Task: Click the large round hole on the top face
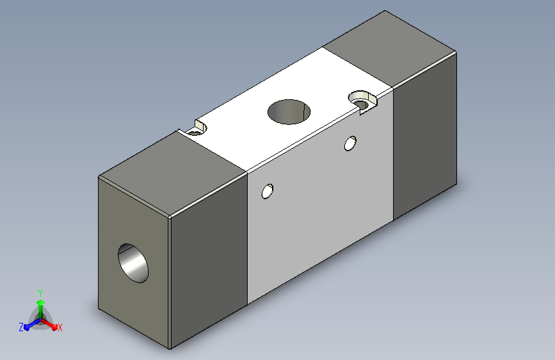[x=289, y=112]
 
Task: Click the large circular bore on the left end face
[x=133, y=263]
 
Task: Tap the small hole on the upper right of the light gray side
[x=350, y=143]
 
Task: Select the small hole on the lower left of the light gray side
[x=267, y=192]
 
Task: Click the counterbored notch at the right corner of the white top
[x=363, y=102]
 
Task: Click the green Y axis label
[x=40, y=293]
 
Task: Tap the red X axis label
[x=60, y=328]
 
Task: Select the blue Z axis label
[x=21, y=327]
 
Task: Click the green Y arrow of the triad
[x=41, y=308]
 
